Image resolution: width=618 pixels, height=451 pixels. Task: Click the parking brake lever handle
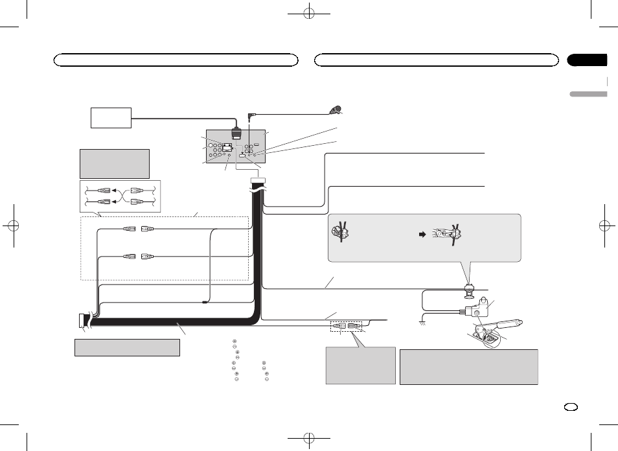click(x=512, y=322)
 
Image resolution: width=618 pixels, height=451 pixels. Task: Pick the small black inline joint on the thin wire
click(x=204, y=302)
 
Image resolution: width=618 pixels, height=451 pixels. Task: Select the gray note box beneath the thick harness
click(x=126, y=347)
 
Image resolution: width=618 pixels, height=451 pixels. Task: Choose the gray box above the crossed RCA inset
click(x=115, y=163)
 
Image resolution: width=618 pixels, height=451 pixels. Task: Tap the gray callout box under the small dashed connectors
click(x=360, y=365)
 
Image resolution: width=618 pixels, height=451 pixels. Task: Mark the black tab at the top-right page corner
click(x=588, y=60)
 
